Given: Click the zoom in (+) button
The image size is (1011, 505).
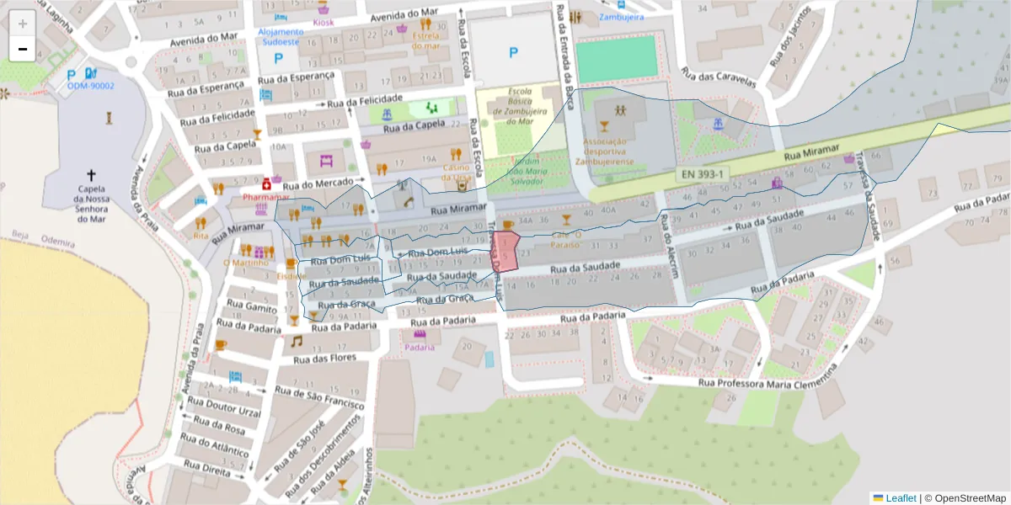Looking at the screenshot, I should tap(23, 23).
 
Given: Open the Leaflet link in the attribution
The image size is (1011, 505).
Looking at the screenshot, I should tap(900, 498).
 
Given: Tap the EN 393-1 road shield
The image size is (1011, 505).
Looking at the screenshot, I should tap(703, 174).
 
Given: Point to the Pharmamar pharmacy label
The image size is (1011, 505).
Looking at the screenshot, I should tap(265, 197).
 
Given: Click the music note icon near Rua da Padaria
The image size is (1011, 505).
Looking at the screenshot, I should tap(297, 341).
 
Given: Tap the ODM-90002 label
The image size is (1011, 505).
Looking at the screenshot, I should tap(90, 86).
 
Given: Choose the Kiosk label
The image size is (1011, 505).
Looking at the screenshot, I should tap(323, 22).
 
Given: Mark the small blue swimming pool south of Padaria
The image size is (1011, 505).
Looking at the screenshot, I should tap(489, 359).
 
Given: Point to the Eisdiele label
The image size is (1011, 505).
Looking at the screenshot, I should tap(292, 276).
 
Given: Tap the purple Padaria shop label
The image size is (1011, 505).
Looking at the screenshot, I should tap(419, 347).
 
